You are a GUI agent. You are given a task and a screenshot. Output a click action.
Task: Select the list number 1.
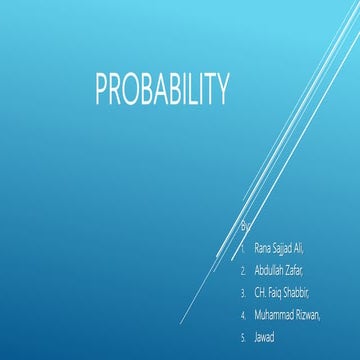(243, 247)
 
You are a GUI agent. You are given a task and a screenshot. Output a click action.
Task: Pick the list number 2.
(243, 270)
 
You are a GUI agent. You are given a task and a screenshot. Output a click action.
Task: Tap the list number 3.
(243, 293)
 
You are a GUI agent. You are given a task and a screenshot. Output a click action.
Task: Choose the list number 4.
(243, 316)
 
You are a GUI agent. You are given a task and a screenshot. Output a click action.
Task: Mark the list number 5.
(243, 339)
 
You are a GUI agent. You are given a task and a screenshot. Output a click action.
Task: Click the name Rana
(264, 247)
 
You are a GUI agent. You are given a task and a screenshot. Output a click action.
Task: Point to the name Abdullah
(273, 270)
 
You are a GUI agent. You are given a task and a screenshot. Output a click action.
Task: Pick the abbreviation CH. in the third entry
(262, 293)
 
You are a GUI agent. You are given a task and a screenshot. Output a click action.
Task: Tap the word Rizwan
(321, 316)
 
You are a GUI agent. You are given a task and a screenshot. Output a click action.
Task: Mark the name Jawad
(265, 339)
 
